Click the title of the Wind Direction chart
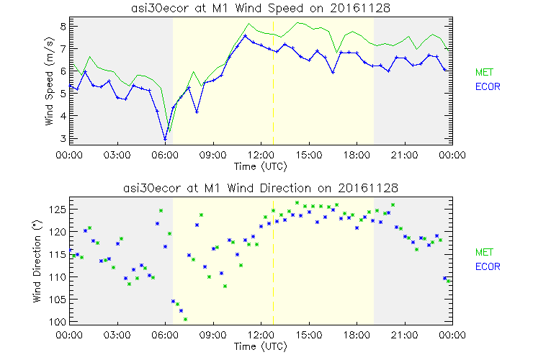[261, 188]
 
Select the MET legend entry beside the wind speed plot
[484, 73]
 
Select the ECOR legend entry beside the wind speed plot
[486, 86]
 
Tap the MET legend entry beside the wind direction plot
[484, 253]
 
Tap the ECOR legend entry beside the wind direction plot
[486, 266]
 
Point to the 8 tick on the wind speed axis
[63, 26]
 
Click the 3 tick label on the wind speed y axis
[63, 138]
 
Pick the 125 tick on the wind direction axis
[58, 209]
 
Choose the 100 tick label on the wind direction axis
[58, 322]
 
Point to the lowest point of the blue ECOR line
[166, 139]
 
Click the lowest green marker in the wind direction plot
[185, 319]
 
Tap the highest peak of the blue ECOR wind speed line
[246, 35]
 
